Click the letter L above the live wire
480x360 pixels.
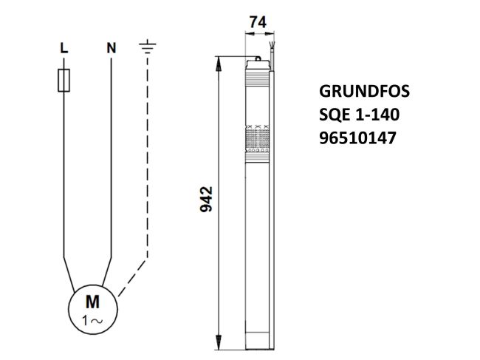point(64,49)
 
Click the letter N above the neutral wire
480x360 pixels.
point(112,49)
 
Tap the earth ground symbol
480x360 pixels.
point(148,48)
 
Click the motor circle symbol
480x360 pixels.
point(94,308)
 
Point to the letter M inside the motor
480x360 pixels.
point(93,302)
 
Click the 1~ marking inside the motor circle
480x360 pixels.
point(93,319)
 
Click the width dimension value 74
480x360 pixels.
point(258,23)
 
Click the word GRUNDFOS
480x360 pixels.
point(363,92)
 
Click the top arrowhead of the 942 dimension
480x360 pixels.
point(219,62)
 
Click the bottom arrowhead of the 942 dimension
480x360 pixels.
point(219,344)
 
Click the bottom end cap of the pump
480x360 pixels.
point(258,344)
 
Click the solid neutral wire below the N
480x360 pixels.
point(112,148)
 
